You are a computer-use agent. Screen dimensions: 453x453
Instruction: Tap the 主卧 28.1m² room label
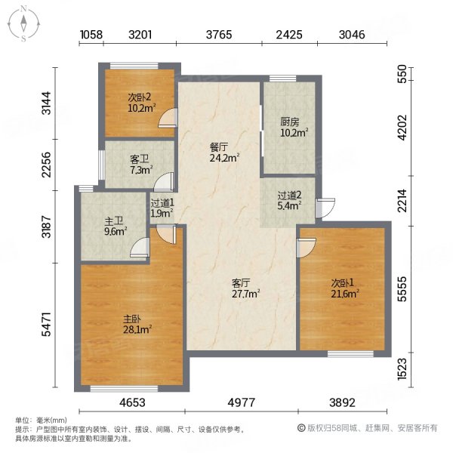pyautogui.click(x=138, y=324)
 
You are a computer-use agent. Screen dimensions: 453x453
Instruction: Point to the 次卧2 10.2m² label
pyautogui.click(x=140, y=102)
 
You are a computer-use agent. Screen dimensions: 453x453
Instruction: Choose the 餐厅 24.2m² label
pyautogui.click(x=224, y=153)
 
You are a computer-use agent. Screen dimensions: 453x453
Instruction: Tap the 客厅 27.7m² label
pyautogui.click(x=246, y=288)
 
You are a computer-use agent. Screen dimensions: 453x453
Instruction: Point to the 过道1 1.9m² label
pyautogui.click(x=162, y=208)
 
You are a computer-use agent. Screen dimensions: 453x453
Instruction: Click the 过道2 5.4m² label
pyautogui.click(x=288, y=199)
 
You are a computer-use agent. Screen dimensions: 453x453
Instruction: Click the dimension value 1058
pyautogui.click(x=91, y=34)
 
